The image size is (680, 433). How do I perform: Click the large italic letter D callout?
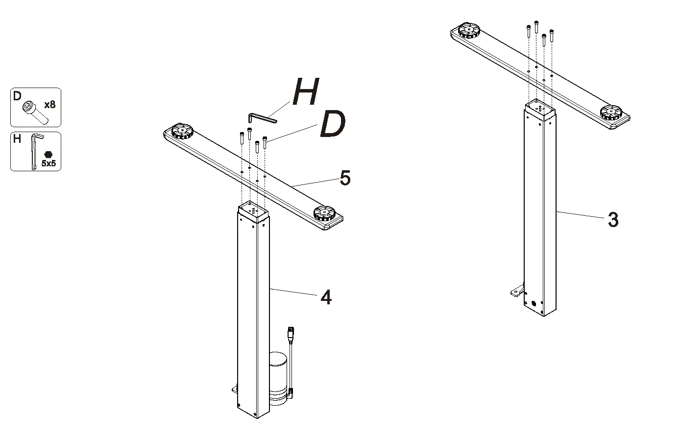pyautogui.click(x=332, y=125)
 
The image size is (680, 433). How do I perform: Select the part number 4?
pyautogui.click(x=326, y=297)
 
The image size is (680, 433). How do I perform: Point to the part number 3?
pyautogui.click(x=612, y=220)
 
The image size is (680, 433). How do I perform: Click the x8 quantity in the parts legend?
pyautogui.click(x=49, y=105)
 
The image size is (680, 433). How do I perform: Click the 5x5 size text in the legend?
pyautogui.click(x=49, y=164)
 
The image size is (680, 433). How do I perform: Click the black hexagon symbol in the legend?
pyautogui.click(x=48, y=154)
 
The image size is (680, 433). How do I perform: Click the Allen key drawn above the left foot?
pyautogui.click(x=261, y=118)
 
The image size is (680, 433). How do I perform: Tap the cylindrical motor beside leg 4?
pyautogui.click(x=278, y=377)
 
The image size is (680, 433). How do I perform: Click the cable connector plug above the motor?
pyautogui.click(x=291, y=335)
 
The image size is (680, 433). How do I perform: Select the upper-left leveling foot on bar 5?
pyautogui.click(x=181, y=132)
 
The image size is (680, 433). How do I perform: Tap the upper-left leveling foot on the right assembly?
pyautogui.click(x=469, y=30)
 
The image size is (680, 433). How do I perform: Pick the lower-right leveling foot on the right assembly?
pyautogui.click(x=612, y=112)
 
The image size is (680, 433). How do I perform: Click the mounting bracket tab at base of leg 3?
pyautogui.click(x=516, y=292)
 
